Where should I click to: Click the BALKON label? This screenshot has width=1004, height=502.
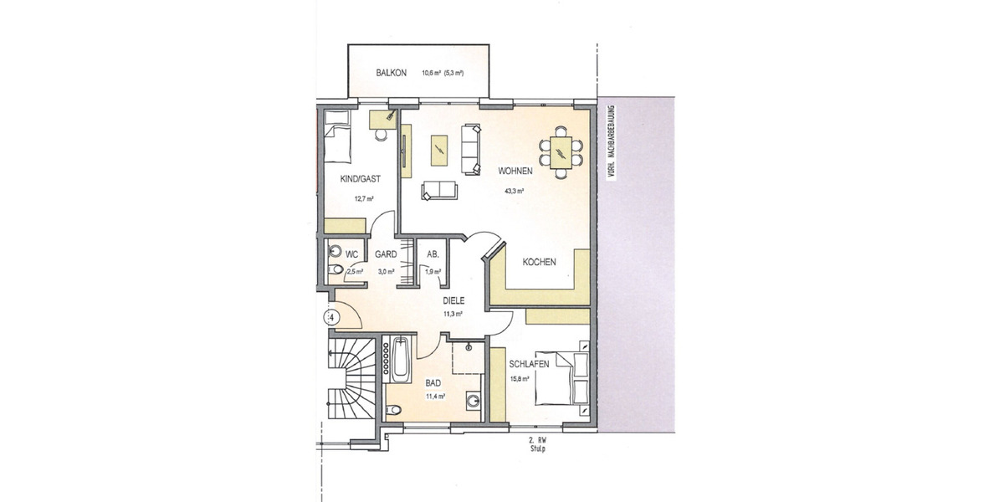[392, 73]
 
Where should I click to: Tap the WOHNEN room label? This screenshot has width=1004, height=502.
[515, 172]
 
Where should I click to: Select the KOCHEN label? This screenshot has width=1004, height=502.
[539, 262]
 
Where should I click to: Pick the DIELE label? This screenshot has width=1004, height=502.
[453, 300]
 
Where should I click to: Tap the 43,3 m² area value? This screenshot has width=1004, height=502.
[514, 191]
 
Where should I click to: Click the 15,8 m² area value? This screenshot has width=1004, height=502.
[520, 379]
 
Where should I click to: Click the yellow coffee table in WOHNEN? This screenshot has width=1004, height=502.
[438, 151]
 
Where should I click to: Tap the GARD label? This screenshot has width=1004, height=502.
[385, 254]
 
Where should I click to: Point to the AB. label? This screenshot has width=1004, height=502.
[433, 254]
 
